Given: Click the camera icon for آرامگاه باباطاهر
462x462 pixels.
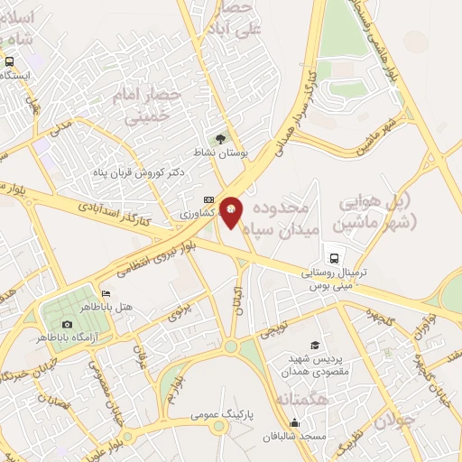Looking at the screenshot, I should pos(67,324).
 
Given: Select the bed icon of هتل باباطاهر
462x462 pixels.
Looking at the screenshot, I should pos(106,293).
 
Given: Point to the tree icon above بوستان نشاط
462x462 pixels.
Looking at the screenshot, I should pos(222,138).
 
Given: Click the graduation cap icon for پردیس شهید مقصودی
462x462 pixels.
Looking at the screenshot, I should pos(314,346).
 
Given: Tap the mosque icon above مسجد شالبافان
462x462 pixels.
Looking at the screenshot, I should pos(294,422).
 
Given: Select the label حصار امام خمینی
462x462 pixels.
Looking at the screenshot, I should pos(148,104).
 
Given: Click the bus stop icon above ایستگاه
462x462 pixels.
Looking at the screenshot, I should pos(10,61).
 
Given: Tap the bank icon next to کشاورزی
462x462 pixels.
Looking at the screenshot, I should pos(209,199).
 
